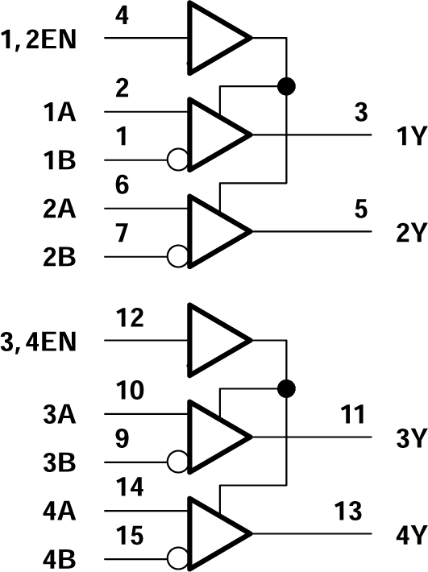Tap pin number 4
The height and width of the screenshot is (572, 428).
click(x=122, y=15)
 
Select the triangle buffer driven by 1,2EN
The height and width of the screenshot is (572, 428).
click(x=214, y=38)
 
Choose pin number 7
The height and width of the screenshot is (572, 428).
click(x=122, y=234)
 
